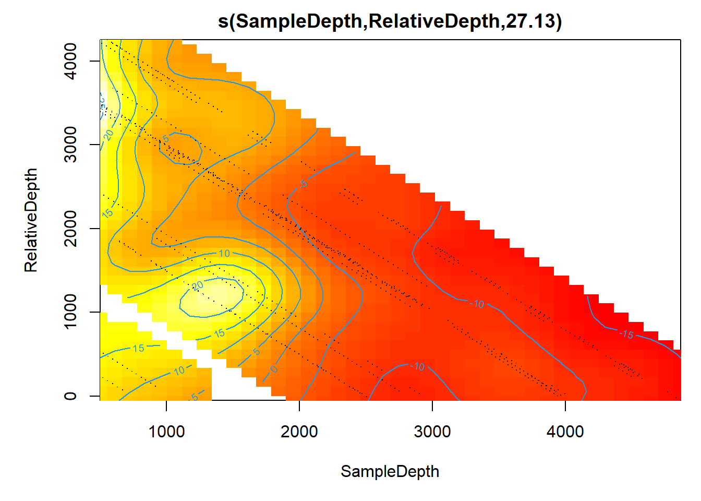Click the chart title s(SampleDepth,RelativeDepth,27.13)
click(390, 21)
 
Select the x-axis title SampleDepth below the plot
click(390, 471)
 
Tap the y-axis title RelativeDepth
click(31, 220)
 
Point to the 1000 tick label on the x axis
click(166, 432)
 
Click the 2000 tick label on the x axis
click(299, 432)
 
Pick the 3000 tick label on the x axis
click(432, 432)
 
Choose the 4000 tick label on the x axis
click(565, 432)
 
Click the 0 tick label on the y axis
click(70, 396)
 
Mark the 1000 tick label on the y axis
click(70, 312)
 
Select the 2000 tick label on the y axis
click(70, 229)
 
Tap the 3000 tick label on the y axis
click(70, 145)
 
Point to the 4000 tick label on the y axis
click(70, 61)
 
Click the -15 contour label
click(626, 334)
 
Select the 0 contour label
click(273, 369)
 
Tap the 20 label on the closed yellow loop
click(198, 286)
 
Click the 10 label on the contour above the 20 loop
click(224, 254)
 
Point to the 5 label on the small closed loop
click(166, 139)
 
